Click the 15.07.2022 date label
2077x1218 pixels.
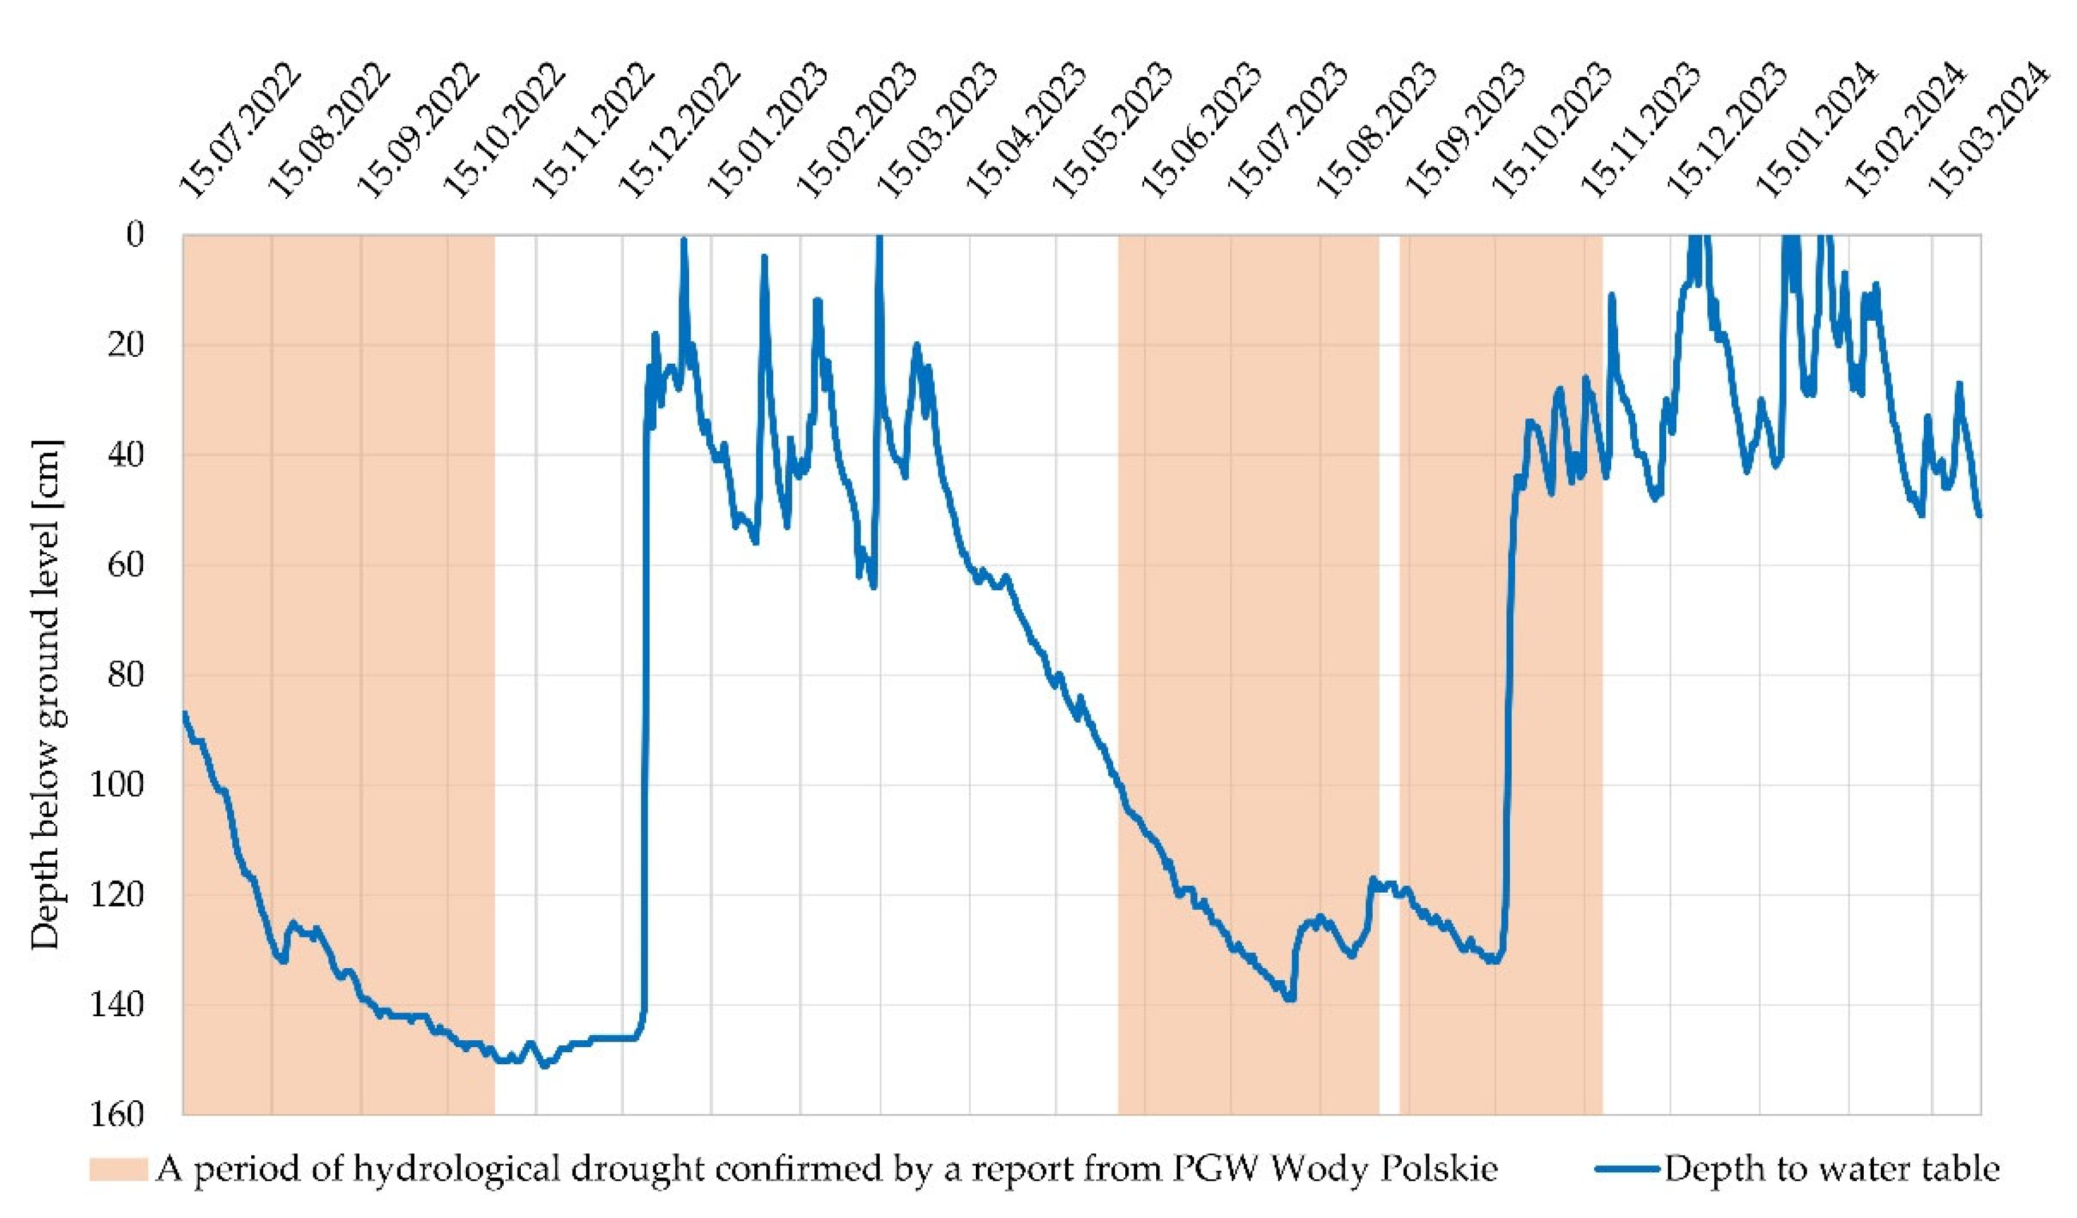coord(240,132)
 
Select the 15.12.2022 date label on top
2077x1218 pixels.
coord(680,132)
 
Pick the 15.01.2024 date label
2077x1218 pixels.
coord(1816,132)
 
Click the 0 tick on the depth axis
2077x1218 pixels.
coord(134,235)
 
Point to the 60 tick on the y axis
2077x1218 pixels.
coord(125,564)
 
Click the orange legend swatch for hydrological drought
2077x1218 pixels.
coord(118,1169)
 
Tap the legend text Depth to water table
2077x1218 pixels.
coord(1831,1169)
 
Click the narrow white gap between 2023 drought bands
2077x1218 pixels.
coord(1389,577)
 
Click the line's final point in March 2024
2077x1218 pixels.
coord(1979,516)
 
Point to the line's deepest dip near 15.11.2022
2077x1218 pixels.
coord(544,1066)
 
